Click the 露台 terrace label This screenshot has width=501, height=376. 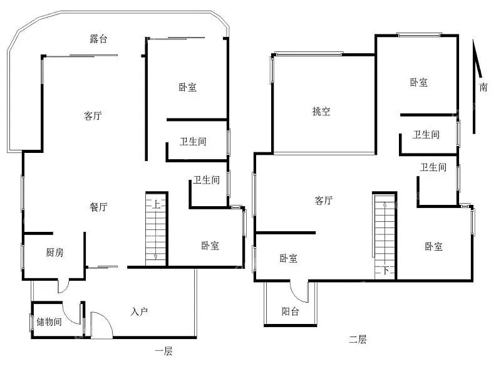[x=98, y=39]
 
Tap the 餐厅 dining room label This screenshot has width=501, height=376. [x=98, y=207]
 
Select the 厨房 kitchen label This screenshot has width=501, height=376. [x=55, y=253]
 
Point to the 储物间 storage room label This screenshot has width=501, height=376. [x=48, y=323]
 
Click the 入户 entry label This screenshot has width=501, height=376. [x=139, y=311]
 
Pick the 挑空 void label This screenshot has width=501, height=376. [x=321, y=112]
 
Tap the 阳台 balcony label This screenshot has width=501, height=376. [x=290, y=311]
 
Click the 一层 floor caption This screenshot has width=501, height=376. [x=163, y=352]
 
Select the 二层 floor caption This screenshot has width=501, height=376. [x=358, y=340]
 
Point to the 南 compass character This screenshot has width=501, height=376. [x=483, y=88]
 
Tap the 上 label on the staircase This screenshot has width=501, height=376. [x=155, y=204]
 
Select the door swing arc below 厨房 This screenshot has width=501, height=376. [x=63, y=286]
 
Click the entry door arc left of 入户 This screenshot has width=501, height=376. [x=101, y=324]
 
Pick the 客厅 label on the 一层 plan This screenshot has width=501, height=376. [x=93, y=116]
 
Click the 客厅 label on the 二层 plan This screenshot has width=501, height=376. [x=323, y=201]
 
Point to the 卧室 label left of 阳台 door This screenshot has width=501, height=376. [x=288, y=258]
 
